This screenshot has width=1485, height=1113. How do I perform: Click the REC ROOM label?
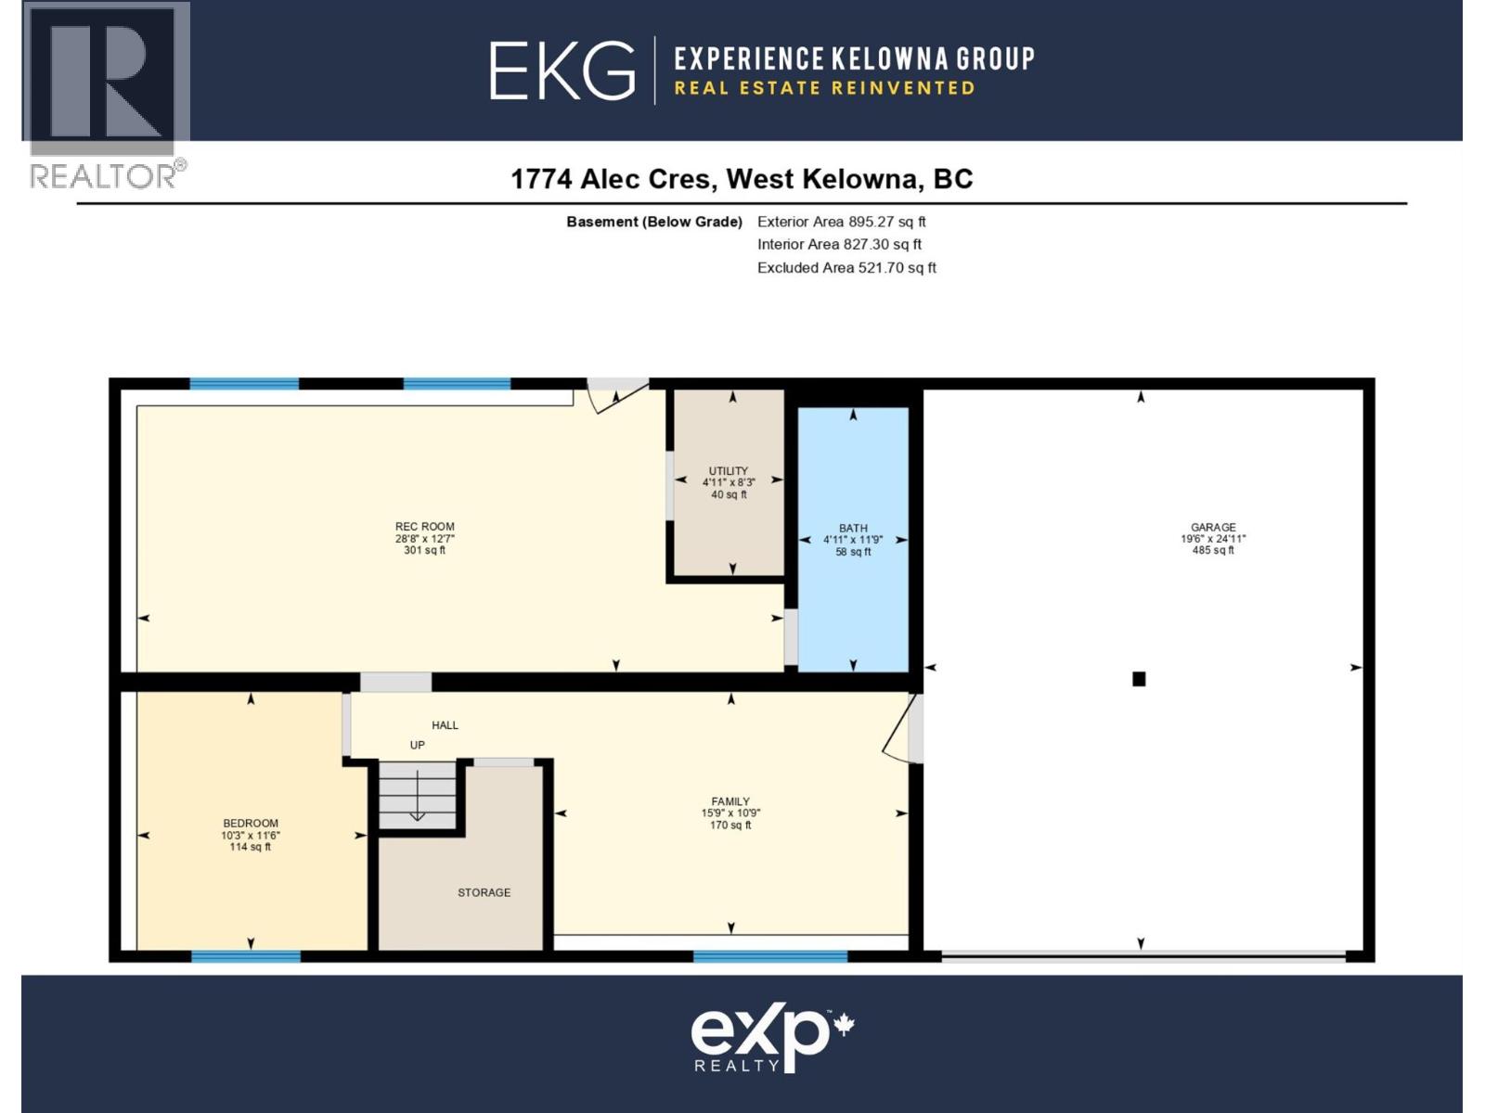click(x=424, y=526)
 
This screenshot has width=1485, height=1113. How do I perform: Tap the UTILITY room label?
click(x=729, y=471)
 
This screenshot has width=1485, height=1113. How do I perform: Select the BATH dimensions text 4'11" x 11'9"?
click(x=853, y=540)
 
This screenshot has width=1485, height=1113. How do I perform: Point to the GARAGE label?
click(x=1213, y=527)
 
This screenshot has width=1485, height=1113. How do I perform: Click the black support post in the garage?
click(x=1139, y=679)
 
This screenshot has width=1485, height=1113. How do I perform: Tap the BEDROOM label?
click(x=251, y=823)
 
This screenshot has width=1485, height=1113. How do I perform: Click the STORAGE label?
click(x=484, y=892)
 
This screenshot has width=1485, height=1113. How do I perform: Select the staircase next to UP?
click(x=418, y=796)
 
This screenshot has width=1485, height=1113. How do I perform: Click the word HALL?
click(x=445, y=725)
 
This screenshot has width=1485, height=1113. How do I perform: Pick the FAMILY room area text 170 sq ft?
click(x=730, y=825)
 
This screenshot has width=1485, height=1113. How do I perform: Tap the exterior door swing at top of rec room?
click(x=614, y=396)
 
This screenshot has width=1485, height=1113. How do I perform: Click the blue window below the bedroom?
click(x=246, y=956)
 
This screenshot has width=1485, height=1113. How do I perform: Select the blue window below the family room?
click(x=770, y=956)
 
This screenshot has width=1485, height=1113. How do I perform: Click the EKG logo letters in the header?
click(x=562, y=70)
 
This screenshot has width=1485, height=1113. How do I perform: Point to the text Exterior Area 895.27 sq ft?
click(x=841, y=222)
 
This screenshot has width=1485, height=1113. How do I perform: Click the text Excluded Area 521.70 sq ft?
click(x=846, y=268)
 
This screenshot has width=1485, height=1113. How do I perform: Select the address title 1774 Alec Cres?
click(x=613, y=179)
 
